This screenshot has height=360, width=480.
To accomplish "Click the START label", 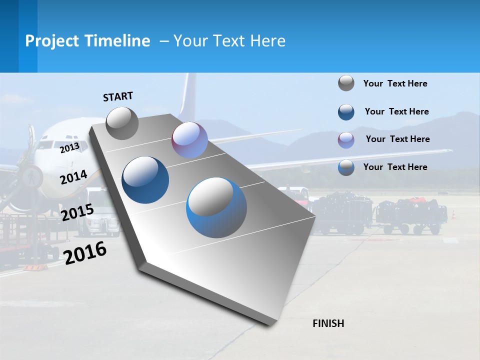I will [118, 96].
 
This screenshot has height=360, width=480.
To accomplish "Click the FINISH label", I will [328, 323].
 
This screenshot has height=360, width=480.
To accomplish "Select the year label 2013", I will [69, 147].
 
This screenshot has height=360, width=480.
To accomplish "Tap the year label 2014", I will [73, 177].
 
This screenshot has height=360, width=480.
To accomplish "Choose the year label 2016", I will [85, 253].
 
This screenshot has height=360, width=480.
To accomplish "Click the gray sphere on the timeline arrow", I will [122, 123].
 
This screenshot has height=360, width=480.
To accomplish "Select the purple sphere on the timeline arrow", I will [189, 140].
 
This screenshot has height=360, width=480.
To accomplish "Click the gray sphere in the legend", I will [346, 83].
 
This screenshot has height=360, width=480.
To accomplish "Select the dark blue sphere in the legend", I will [346, 112].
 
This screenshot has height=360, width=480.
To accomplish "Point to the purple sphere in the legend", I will [346, 140].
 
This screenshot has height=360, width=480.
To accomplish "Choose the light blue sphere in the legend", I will [346, 167].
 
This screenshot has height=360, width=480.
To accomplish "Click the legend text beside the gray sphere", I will [395, 83].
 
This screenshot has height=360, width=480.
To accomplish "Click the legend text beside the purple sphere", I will [397, 139].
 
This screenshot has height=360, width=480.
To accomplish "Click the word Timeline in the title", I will [118, 41].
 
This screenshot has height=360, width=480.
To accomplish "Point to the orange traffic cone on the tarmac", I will [453, 214].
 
